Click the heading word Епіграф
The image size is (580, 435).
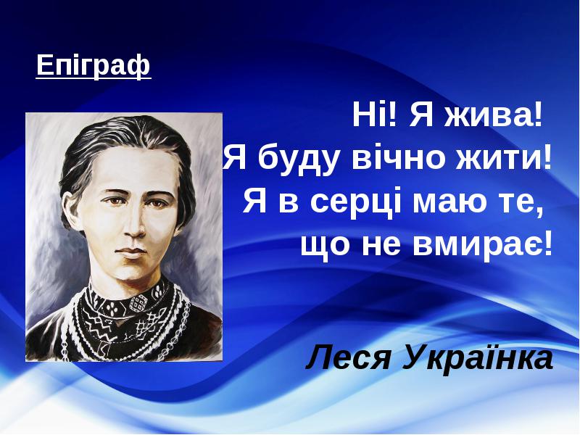pos(94,66)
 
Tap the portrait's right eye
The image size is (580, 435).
pos(157,203)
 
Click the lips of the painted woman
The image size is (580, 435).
pos(132,252)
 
